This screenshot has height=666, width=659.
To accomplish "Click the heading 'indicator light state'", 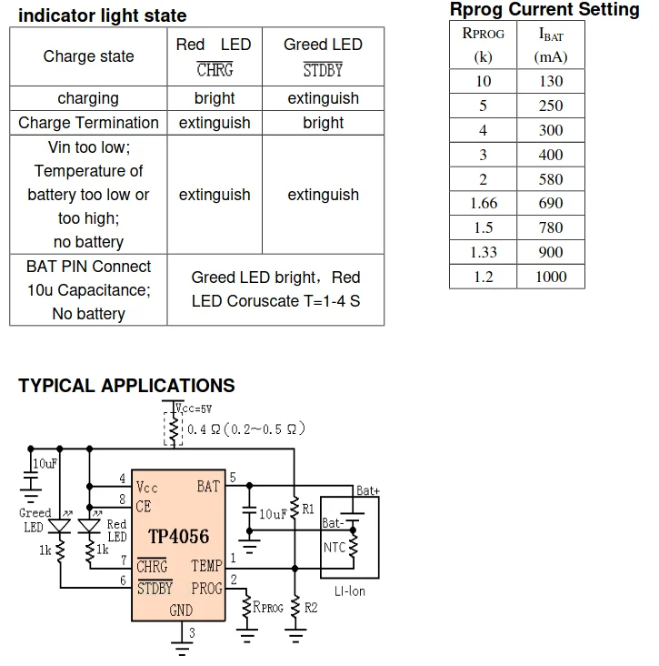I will click(102, 15).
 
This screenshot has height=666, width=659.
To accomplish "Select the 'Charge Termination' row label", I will click(88, 123).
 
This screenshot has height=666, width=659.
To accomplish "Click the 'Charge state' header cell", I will click(88, 56).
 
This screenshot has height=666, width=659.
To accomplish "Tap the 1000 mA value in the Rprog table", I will click(551, 277).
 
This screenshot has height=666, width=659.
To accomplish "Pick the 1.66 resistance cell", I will click(483, 203).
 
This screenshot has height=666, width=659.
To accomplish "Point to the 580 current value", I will click(551, 179).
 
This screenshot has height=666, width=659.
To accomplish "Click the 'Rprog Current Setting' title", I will click(544, 10).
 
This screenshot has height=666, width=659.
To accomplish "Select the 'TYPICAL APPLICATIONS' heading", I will click(126, 386).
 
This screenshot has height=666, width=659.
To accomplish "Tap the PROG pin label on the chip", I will click(206, 589).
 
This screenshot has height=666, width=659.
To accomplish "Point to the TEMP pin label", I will click(206, 566).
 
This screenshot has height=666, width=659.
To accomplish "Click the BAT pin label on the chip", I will click(208, 487).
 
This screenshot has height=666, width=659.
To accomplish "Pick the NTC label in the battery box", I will click(334, 547).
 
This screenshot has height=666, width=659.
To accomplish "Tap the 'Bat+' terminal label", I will click(368, 490).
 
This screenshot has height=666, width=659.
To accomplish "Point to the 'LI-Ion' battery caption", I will click(349, 590).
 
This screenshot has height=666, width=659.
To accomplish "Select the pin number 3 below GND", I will click(192, 631).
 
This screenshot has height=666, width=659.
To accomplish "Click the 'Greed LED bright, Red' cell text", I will click(275, 277).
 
